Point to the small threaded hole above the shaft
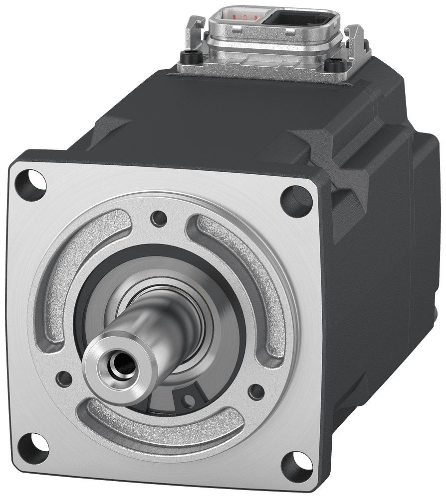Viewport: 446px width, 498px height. pyautogui.click(x=160, y=218)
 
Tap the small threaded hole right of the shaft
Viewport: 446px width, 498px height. pyautogui.click(x=256, y=392)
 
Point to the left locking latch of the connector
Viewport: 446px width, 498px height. pyautogui.click(x=196, y=30)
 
